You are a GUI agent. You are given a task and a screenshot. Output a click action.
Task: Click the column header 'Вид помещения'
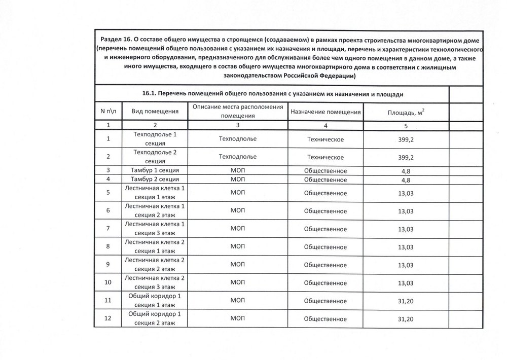tap(155, 112)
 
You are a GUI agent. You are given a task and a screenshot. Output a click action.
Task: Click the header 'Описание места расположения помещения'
tap(237, 111)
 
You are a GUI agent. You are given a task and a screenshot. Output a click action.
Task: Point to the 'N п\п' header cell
tap(107, 112)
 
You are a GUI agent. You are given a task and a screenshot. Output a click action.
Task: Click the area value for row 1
tap(405, 139)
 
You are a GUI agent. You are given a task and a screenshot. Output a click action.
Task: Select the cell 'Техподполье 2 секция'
tap(155, 157)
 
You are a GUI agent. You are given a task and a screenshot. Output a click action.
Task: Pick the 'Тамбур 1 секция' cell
tap(155, 171)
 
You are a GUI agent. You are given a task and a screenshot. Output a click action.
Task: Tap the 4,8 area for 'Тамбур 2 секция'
tap(405, 180)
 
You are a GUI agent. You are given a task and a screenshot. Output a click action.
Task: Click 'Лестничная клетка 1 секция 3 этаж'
tap(155, 228)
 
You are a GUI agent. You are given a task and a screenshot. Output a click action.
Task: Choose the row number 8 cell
tap(107, 247)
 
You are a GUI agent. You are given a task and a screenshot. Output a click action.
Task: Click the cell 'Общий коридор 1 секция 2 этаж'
tap(155, 319)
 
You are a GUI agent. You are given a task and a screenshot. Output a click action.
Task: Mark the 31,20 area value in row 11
tap(405, 301)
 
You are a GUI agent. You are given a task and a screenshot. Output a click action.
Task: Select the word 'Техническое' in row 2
tap(325, 157)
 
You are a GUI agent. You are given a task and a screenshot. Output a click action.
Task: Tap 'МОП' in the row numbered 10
tap(237, 283)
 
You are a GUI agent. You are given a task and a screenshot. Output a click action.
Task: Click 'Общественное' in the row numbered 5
tap(325, 193)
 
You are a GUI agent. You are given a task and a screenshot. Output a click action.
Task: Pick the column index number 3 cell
tap(237, 125)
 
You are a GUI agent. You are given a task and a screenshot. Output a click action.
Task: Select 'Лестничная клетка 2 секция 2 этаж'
tap(155, 264)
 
